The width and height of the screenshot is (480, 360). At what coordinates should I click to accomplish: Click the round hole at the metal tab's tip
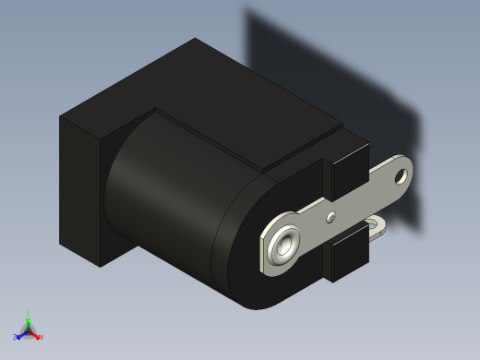pos(402,172)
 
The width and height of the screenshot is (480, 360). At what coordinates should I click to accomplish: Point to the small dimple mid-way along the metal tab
pos(331,218)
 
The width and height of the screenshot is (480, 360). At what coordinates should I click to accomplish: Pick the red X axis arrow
pos(36,335)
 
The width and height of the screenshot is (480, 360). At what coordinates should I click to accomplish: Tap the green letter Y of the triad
pos(29,313)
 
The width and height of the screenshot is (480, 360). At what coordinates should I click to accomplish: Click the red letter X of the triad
pos(42,338)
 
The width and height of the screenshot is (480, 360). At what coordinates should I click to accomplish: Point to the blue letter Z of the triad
pos(15,337)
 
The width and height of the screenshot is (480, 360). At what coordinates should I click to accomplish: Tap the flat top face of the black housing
pos(212,92)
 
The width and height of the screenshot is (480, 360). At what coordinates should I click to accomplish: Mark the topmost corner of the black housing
pos(195,39)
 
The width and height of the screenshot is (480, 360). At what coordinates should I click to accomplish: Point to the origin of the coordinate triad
pos(29,330)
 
